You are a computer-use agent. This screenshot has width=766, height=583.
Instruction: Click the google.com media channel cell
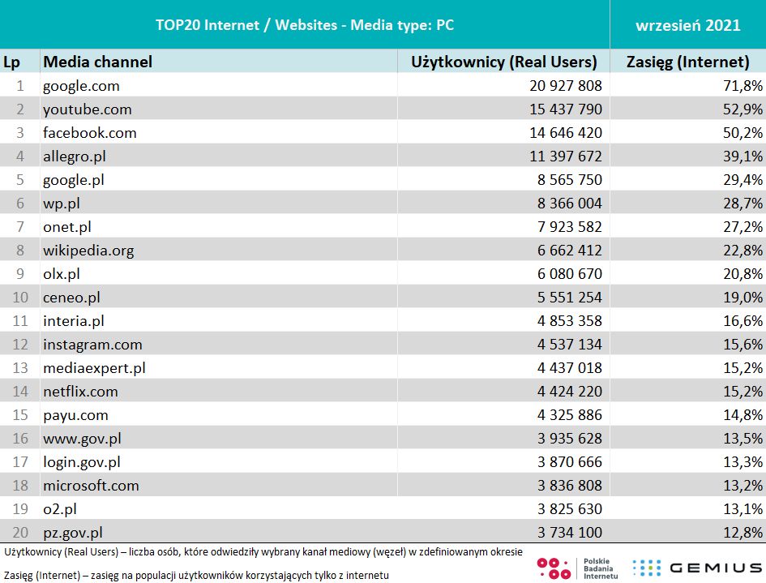(81, 86)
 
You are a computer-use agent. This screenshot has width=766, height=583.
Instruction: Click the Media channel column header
(97, 62)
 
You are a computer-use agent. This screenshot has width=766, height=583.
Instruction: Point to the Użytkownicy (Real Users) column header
(503, 62)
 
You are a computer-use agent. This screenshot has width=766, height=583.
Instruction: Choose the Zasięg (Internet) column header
(687, 62)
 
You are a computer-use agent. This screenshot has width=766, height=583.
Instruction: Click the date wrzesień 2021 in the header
(687, 25)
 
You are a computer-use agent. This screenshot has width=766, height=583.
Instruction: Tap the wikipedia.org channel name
(88, 251)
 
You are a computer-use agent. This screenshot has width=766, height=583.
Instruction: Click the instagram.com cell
(92, 345)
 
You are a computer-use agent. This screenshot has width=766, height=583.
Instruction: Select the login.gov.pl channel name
(82, 462)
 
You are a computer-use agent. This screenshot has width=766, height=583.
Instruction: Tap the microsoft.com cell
(91, 486)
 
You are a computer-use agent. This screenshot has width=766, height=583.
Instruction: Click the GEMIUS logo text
(714, 568)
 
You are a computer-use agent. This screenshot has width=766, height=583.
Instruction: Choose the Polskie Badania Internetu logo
(579, 568)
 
